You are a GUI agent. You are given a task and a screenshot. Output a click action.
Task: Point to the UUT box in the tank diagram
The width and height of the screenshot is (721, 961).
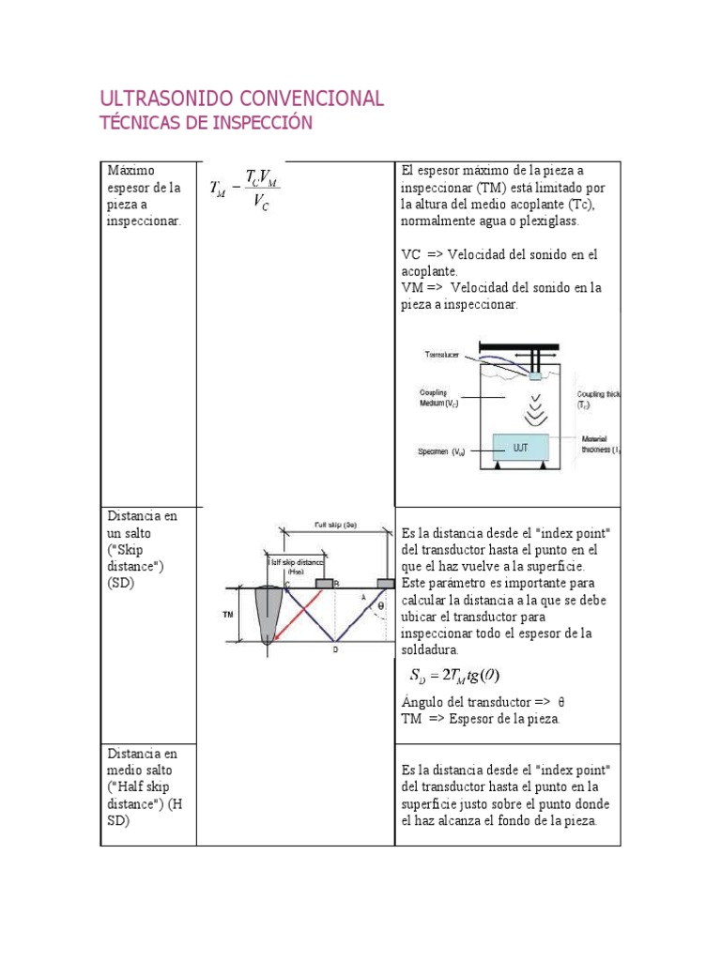pyautogui.click(x=522, y=448)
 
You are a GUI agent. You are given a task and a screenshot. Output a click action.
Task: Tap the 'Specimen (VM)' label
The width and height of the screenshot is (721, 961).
pyautogui.click(x=441, y=451)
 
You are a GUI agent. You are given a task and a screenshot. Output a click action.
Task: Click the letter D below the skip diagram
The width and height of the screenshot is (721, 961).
pyautogui.click(x=335, y=648)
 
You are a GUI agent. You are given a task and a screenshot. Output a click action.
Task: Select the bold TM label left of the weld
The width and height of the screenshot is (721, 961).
pyautogui.click(x=227, y=615)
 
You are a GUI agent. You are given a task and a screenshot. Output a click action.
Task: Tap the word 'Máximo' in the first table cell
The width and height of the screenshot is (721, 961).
pyautogui.click(x=128, y=171)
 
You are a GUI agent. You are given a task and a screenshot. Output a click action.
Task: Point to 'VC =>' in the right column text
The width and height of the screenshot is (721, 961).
pyautogui.click(x=420, y=254)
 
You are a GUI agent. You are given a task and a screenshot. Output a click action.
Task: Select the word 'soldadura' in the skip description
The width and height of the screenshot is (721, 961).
pyautogui.click(x=430, y=649)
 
